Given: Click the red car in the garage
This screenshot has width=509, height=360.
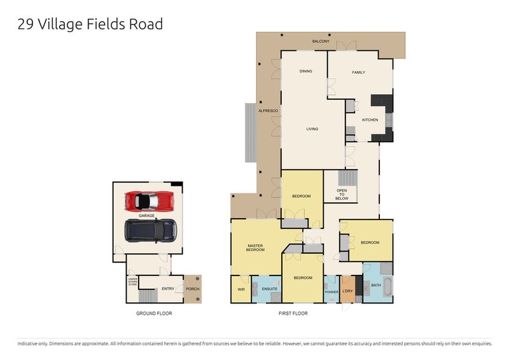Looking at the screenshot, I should click(x=150, y=201).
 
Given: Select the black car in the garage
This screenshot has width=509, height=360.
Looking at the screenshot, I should click(x=150, y=230).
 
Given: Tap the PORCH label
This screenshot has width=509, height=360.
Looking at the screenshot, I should click(x=192, y=289).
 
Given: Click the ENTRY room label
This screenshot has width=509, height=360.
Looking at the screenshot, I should click(x=167, y=289).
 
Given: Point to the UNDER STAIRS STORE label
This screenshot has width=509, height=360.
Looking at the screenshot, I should click(x=132, y=282).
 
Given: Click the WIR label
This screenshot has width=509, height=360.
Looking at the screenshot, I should click(x=241, y=289).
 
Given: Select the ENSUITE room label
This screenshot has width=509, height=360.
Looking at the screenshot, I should click(x=270, y=289).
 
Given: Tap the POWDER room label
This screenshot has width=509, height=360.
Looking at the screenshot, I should click(x=331, y=292).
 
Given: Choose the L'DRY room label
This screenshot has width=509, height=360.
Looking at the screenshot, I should click(x=347, y=292).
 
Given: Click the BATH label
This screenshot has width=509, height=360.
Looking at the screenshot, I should click(x=375, y=286).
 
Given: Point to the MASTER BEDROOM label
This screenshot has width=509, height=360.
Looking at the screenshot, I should click(x=255, y=247).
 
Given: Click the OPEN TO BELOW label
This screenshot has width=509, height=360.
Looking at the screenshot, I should click(x=342, y=194).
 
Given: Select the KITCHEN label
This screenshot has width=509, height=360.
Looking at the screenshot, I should click(x=370, y=120).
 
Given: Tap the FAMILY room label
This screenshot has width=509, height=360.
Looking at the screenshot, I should click(x=359, y=73).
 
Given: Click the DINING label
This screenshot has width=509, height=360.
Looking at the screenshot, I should click(x=305, y=71).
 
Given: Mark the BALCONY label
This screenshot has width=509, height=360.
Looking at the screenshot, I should click(x=321, y=41).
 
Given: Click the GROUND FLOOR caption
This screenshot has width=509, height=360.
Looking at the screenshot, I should click(x=154, y=314).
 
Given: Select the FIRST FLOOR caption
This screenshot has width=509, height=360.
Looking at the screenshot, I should click(x=293, y=314).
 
